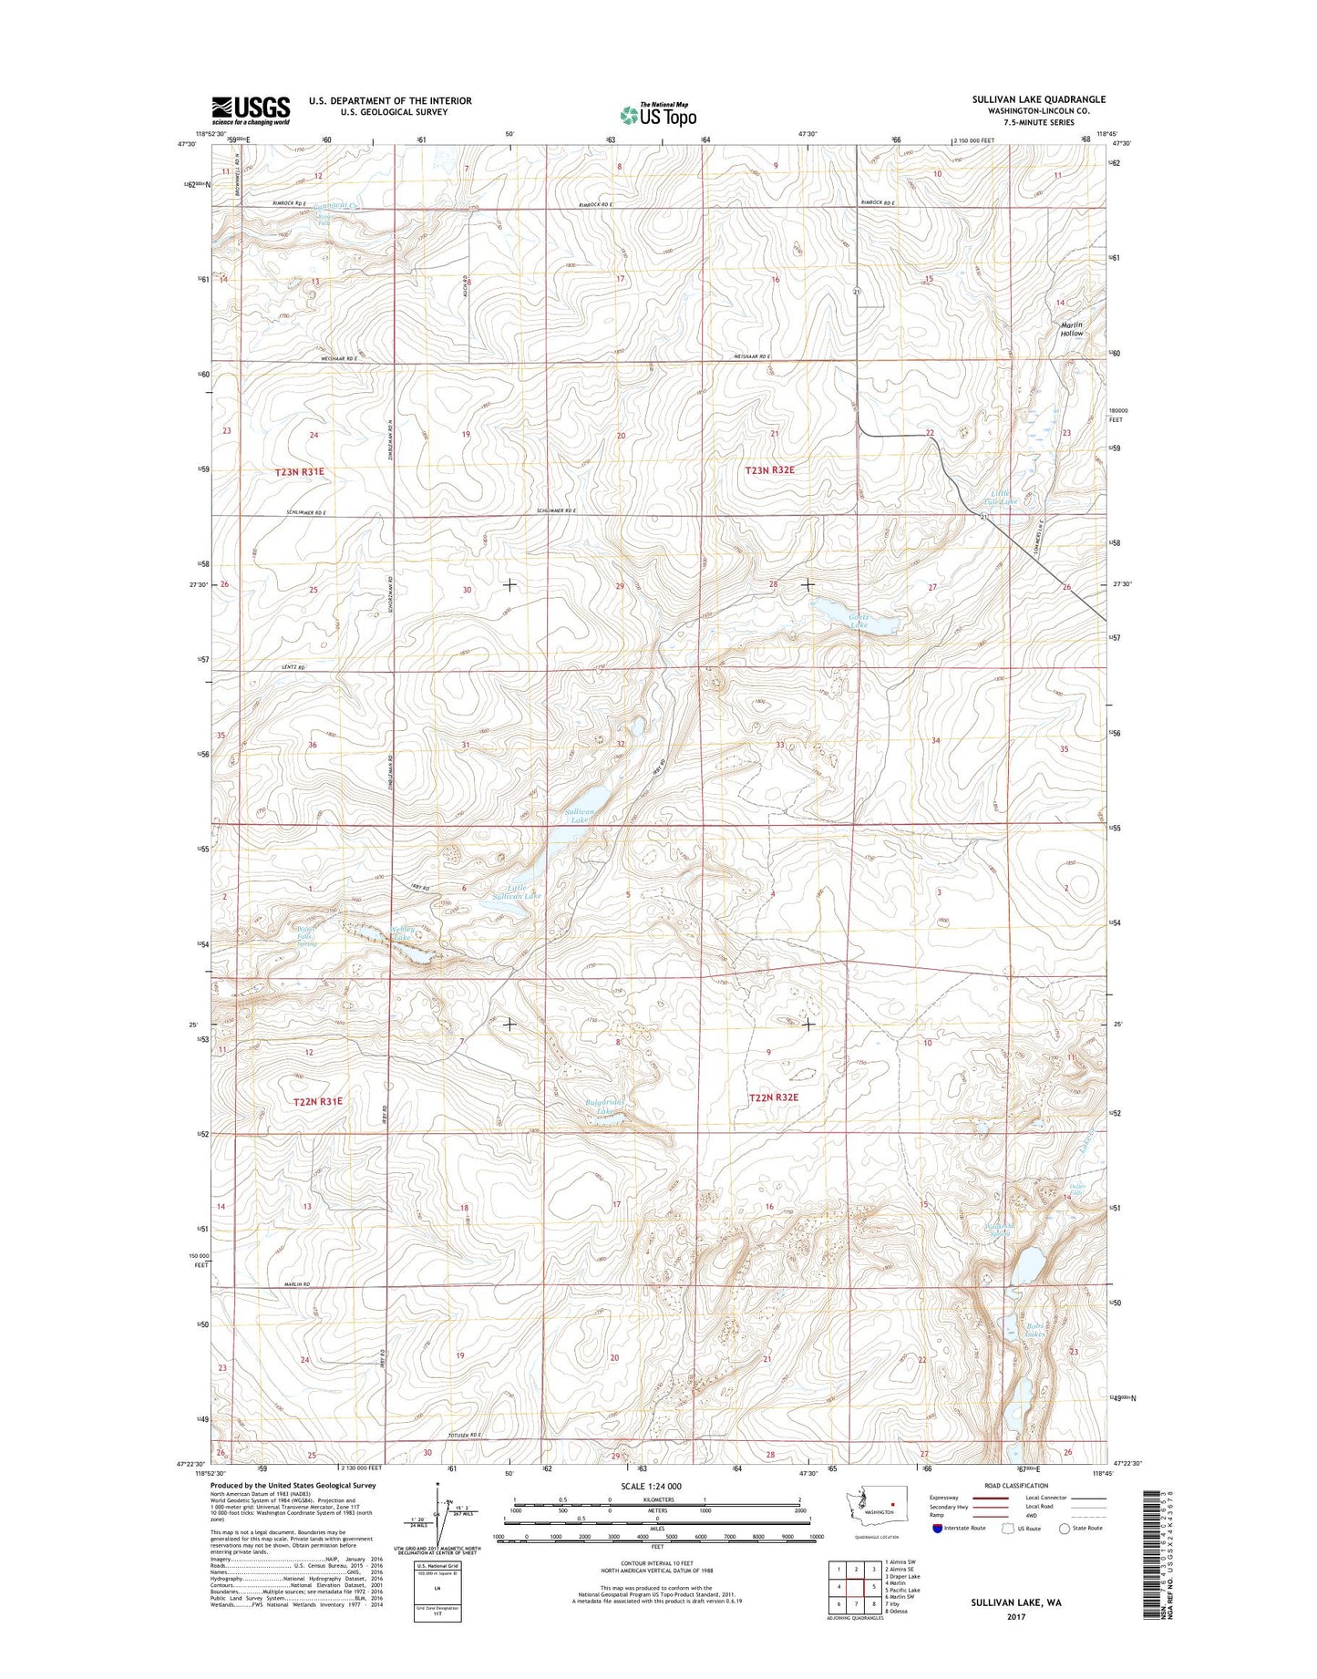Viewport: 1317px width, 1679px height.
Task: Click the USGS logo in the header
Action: (x=251, y=109)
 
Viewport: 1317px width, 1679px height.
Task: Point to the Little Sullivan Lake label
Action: (x=524, y=891)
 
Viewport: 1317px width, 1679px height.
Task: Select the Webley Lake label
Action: (x=402, y=934)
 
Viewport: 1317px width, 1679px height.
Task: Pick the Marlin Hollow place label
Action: (x=1072, y=329)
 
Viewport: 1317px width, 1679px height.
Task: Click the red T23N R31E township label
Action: (x=299, y=472)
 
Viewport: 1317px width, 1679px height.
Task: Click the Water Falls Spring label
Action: (x=305, y=937)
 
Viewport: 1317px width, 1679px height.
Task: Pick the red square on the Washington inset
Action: (x=894, y=1505)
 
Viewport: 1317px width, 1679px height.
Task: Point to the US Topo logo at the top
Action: (x=658, y=114)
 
